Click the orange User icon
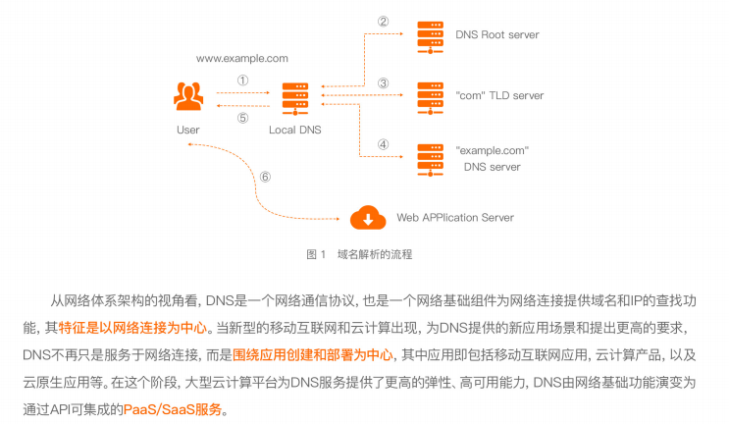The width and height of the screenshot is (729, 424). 187,96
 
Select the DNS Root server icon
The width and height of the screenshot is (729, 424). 429,35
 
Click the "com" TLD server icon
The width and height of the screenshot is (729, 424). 429,96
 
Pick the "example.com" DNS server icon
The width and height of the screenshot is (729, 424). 429,158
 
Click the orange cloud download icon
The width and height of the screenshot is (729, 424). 369,217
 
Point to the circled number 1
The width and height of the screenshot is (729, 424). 242,81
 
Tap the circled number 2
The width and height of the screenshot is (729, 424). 384,21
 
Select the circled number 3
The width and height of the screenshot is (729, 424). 384,82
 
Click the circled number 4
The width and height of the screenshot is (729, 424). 384,144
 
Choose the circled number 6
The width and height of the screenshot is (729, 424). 264,178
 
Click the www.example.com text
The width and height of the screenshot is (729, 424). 241,59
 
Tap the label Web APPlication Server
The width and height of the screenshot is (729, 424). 454,218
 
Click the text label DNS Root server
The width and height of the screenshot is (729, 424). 496,35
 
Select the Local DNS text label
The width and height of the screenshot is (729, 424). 294,130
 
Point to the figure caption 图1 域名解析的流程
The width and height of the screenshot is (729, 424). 359,254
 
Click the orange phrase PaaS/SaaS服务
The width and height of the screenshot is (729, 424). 174,410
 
